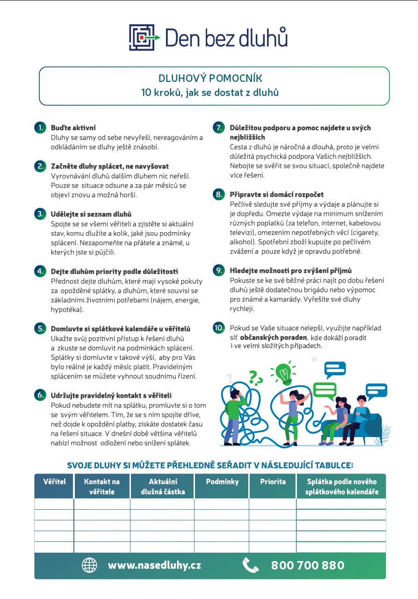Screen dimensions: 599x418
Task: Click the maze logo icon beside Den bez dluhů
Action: [x=142, y=37]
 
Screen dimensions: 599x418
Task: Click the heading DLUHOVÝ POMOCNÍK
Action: [x=210, y=78]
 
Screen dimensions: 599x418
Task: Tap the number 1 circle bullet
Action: [x=41, y=127]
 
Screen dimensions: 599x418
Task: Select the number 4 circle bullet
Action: [x=41, y=271]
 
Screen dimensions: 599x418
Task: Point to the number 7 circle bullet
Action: [x=219, y=128]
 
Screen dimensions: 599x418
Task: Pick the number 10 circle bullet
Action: [x=219, y=328]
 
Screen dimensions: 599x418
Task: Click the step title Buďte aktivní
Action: [x=73, y=127]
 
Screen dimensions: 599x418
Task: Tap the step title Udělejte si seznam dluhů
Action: [x=91, y=214]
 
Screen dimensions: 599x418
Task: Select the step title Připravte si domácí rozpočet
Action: [x=276, y=194]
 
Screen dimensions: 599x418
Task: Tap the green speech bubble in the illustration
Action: [x=324, y=390]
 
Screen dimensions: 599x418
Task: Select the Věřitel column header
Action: [x=54, y=482]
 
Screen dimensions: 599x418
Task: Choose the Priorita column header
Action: [x=273, y=482]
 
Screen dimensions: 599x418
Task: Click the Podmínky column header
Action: [x=222, y=482]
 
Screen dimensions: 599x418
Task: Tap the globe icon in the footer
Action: [x=89, y=565]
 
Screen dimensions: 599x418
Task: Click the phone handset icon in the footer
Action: [x=251, y=565]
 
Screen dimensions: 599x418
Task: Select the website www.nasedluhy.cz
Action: [x=154, y=565]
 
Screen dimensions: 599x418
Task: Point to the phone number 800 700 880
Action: [x=308, y=565]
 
